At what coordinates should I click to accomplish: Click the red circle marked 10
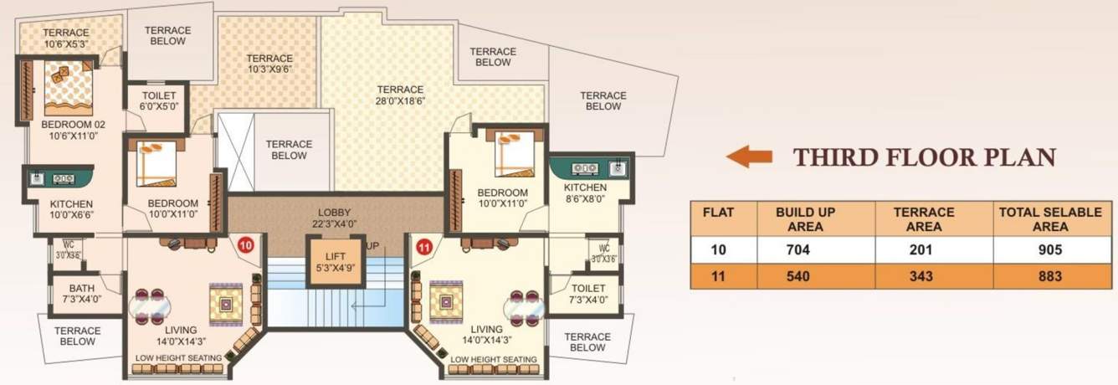(x=245, y=246)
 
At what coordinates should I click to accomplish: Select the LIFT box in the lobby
(x=326, y=262)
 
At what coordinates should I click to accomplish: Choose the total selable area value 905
(x=1049, y=249)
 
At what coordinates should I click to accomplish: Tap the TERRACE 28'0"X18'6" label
(x=400, y=95)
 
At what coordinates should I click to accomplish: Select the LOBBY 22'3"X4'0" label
(x=334, y=218)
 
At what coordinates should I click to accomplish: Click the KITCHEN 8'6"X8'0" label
(x=585, y=192)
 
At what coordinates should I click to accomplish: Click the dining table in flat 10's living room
(x=151, y=307)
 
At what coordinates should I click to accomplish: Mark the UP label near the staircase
(x=372, y=246)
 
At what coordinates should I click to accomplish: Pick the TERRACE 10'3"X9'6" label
(x=269, y=64)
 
